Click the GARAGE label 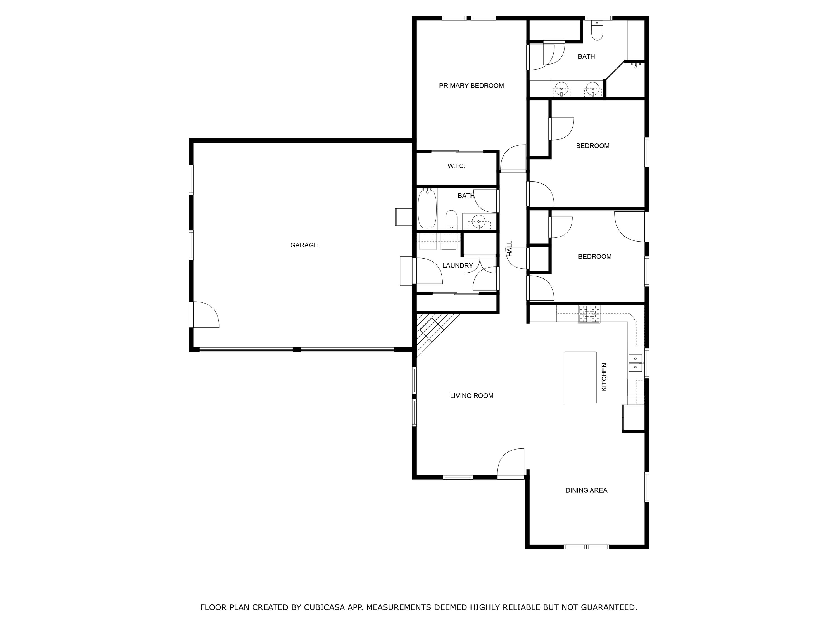(x=304, y=245)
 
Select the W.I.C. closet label (x=456, y=166)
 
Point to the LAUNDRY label (x=458, y=265)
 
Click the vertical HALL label (x=510, y=248)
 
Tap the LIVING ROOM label (x=472, y=396)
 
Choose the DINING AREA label (x=586, y=490)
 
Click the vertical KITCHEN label (x=604, y=377)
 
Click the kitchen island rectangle (x=580, y=377)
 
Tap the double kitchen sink (x=635, y=363)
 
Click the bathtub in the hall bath (x=427, y=209)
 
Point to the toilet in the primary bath (x=597, y=30)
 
